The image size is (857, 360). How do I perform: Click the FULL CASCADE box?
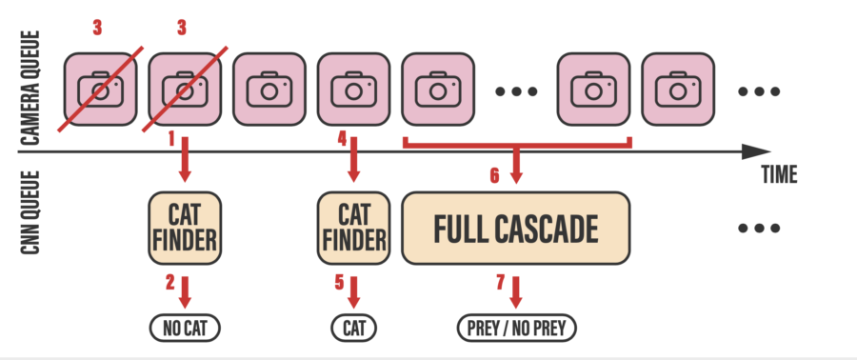click(516, 229)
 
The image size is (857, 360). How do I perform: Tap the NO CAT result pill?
click(185, 329)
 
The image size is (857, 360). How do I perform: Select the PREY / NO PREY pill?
click(516, 329)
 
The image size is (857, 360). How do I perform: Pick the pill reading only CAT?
click(354, 329)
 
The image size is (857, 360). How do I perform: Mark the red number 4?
click(342, 139)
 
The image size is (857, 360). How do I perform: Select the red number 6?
click(494, 175)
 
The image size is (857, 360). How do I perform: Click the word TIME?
click(779, 175)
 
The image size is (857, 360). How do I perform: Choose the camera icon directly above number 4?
click(353, 90)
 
